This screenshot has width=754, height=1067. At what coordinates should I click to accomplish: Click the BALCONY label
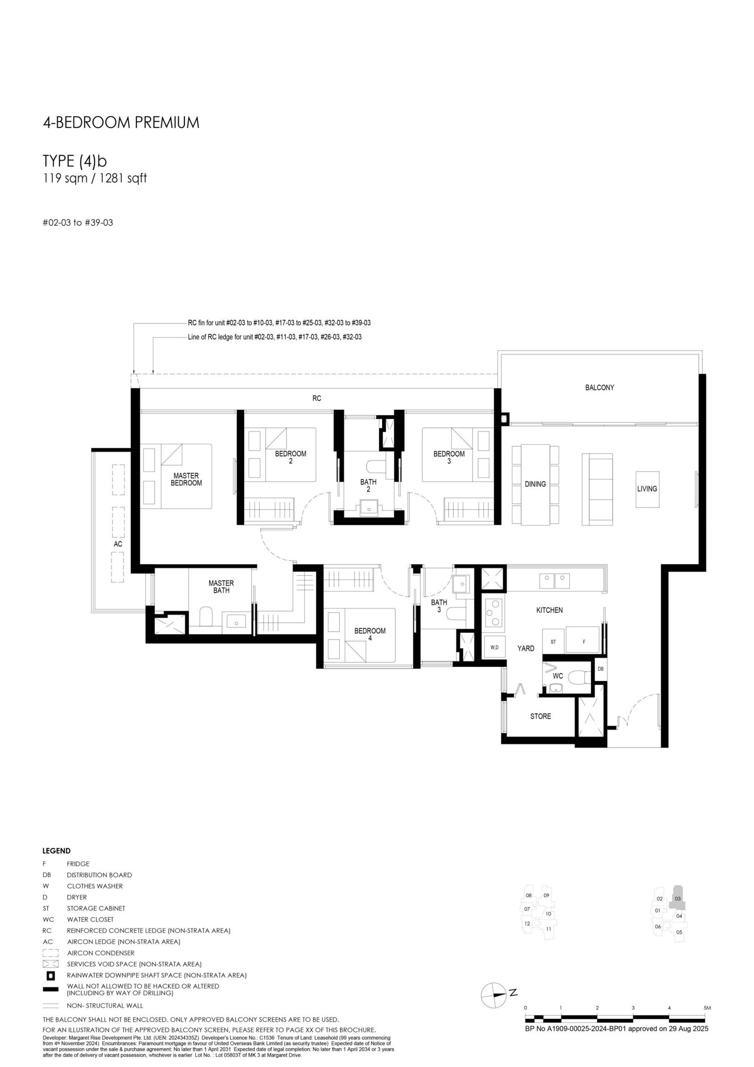[599, 387]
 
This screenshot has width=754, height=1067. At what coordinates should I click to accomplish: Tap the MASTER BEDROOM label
[186, 479]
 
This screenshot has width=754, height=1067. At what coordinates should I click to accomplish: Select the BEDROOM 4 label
[370, 634]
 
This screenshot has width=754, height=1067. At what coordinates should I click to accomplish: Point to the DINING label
[535, 484]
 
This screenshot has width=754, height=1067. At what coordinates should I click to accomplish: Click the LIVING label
[647, 489]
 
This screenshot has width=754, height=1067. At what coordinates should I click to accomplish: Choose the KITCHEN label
[549, 610]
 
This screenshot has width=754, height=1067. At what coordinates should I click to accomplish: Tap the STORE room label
[541, 716]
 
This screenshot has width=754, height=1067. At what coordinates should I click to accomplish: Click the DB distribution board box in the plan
[601, 669]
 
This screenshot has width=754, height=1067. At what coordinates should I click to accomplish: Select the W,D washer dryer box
[495, 647]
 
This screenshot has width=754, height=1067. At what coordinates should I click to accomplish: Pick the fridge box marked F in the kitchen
[583, 641]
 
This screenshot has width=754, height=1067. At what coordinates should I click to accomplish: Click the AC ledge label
[118, 544]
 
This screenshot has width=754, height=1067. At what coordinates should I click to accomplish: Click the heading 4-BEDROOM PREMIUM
[121, 123]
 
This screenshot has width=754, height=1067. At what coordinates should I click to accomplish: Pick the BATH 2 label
[369, 485]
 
